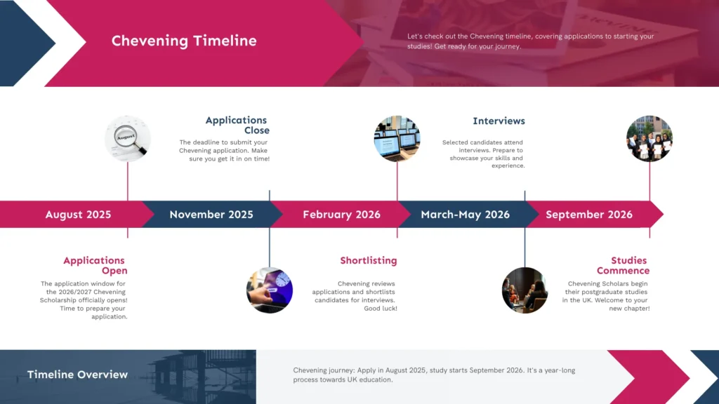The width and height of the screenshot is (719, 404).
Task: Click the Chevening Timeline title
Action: click(x=184, y=41)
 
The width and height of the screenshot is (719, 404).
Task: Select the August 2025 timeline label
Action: click(x=78, y=215)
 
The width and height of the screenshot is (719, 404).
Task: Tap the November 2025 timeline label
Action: click(x=211, y=215)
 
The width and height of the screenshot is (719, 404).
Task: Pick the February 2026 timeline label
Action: click(x=342, y=215)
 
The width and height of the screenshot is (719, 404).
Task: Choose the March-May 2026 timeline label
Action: click(x=466, y=215)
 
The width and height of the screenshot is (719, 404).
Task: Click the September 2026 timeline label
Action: click(x=589, y=215)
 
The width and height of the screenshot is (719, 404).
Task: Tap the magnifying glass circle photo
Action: click(x=128, y=138)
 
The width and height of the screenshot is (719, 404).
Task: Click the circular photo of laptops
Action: click(x=397, y=138)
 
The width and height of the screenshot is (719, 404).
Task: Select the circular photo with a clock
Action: click(x=270, y=290)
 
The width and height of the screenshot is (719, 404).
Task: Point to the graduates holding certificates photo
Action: click(x=649, y=138)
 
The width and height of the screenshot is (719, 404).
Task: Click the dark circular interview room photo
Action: click(x=525, y=290)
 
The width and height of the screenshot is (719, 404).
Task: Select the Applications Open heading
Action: click(x=95, y=265)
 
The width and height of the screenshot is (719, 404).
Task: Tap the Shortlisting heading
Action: click(x=369, y=260)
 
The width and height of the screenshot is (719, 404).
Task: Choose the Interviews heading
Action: click(x=499, y=121)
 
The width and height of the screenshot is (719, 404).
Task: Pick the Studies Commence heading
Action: click(x=624, y=265)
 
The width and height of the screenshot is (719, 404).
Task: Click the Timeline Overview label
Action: click(x=77, y=375)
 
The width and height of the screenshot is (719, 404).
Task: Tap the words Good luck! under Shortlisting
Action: click(x=381, y=309)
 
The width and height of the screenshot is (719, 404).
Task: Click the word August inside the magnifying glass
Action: click(x=126, y=137)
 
